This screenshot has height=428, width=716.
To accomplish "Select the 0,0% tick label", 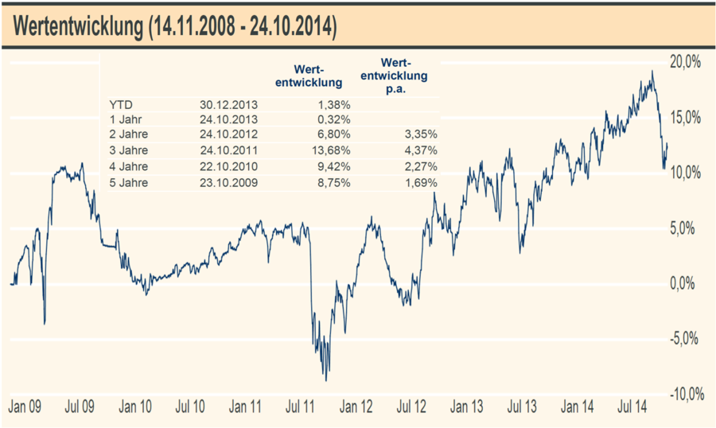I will point(686,283).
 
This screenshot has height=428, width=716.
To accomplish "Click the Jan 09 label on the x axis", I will point(25,407).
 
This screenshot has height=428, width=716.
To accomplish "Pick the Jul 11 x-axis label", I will point(301,407).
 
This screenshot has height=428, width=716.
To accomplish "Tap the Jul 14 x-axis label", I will point(632,407).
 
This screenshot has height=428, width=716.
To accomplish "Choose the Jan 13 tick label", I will point(466,407).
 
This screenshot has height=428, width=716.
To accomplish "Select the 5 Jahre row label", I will point(129,182).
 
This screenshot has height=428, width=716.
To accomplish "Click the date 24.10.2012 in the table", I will point(229,135).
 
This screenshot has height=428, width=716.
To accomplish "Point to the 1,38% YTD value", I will point(337,104).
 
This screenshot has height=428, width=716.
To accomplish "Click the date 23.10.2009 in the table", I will point(229,182).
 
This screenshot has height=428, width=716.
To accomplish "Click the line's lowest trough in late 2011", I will point(326,379).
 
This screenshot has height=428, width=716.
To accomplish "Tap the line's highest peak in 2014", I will point(652,72).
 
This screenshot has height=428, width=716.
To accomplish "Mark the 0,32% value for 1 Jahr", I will point(337,120).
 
